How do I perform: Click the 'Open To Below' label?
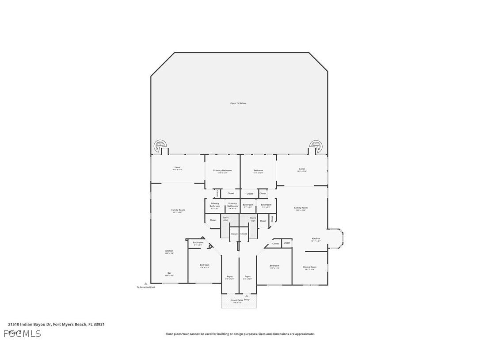pos(238,103)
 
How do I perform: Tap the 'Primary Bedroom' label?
pos(222,170)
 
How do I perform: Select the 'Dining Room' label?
pos(309,267)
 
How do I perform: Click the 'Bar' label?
pos(169,273)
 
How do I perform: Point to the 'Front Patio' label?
pos(237,300)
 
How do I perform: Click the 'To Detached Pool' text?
pos(145,287)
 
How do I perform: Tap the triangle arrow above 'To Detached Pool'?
pos(145,283)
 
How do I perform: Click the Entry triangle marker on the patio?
pos(247,296)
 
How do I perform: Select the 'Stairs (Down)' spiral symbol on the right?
pos(316,145)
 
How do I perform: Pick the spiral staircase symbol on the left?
pos(160,145)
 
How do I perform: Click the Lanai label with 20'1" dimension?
pos(177,167)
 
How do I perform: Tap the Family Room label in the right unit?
pos(301,208)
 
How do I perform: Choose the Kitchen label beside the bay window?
pos(316,239)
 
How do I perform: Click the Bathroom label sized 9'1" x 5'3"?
pos(198,242)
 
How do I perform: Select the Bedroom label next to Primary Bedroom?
pos(258,170)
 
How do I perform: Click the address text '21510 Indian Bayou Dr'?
pos(30,324)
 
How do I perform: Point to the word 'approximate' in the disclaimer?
pos(305,334)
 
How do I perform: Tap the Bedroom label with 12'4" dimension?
pos(204,265)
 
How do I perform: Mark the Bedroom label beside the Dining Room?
pos(274,266)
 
